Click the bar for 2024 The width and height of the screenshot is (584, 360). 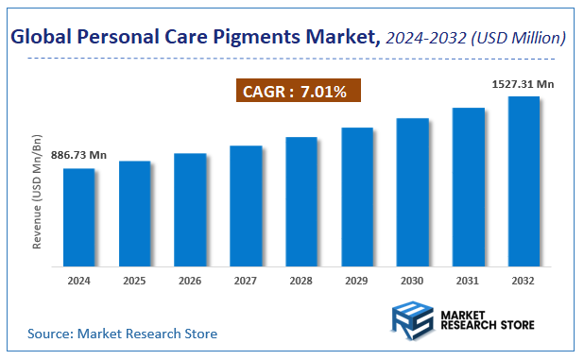point(79,218)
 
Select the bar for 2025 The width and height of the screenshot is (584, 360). point(134,214)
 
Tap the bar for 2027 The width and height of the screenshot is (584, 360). point(246,207)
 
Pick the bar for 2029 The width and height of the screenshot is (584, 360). point(357,197)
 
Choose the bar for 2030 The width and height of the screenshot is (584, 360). point(412,193)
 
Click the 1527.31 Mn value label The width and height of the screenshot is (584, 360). point(523,85)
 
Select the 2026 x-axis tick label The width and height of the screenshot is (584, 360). point(190,281)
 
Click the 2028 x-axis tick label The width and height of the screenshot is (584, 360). point(301,281)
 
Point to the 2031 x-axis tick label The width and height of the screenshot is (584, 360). point(468,281)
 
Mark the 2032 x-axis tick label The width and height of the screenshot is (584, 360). point(524,281)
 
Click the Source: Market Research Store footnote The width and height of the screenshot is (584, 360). point(122,334)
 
